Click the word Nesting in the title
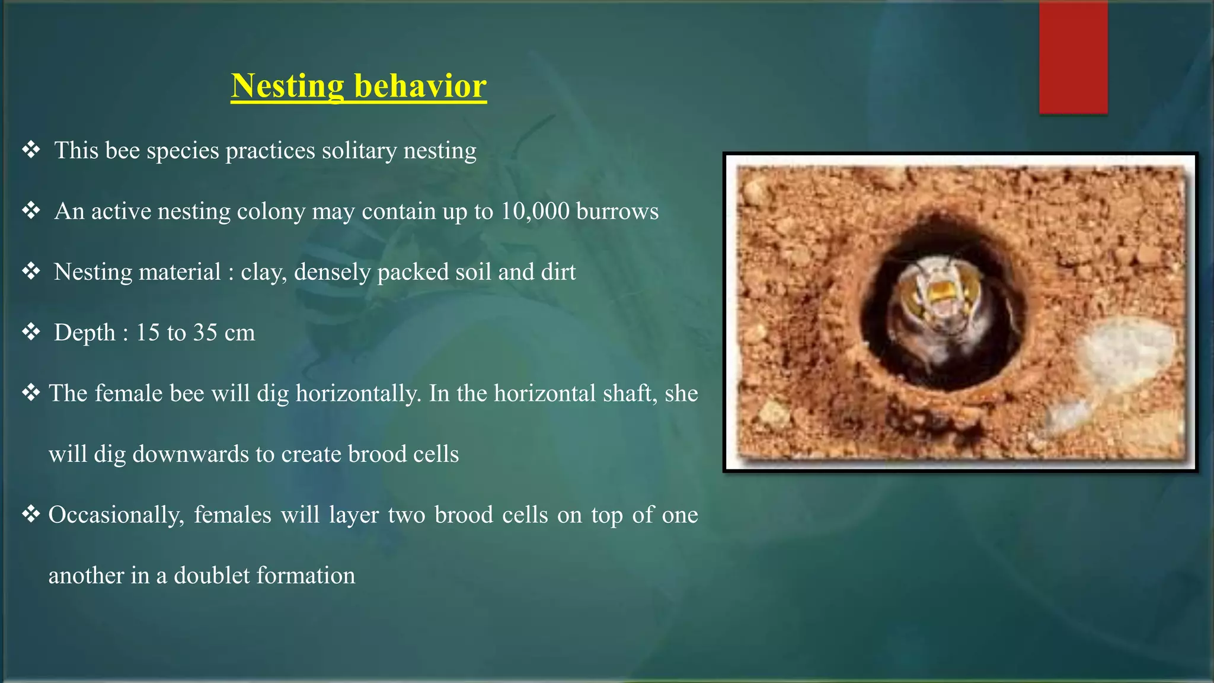287,87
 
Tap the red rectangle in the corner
1073,57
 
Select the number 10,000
535,212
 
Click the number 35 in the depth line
205,333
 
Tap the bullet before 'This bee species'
31,150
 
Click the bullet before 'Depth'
31,332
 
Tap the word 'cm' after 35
239,333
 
